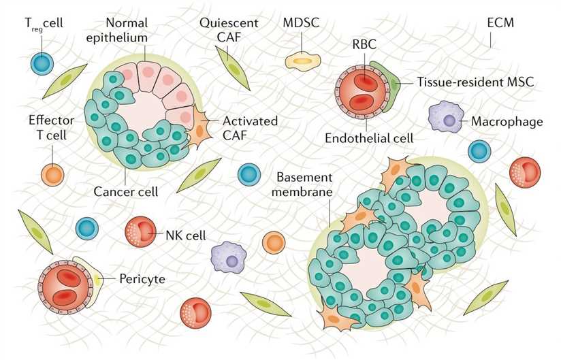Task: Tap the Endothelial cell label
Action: point(370,138)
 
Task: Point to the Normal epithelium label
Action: point(127,30)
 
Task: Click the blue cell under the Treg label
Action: point(42,64)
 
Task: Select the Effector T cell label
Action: point(47,127)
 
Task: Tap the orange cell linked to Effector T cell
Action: point(52,174)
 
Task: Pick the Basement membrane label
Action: point(302,184)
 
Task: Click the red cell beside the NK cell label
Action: point(140,231)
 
